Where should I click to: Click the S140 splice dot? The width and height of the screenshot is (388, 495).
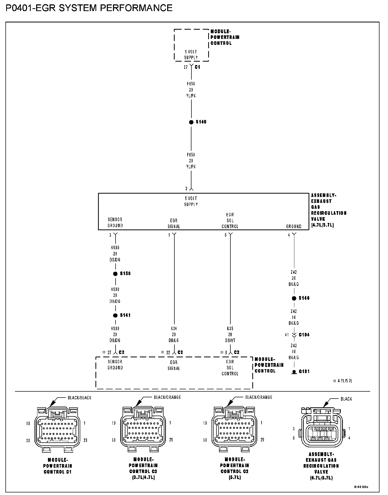point(191,122)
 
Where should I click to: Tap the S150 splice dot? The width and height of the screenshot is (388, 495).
point(115,274)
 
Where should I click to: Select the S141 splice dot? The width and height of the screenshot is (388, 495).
point(115,316)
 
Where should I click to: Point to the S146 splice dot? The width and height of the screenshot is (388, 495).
point(294,299)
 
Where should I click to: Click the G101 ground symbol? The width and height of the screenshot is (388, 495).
point(294,372)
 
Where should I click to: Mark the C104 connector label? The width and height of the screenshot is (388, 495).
point(304,335)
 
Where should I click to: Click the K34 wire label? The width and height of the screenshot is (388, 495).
point(174,329)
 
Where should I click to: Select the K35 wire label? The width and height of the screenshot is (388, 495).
point(230,329)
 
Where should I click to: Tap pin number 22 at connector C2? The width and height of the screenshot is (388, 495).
point(168,352)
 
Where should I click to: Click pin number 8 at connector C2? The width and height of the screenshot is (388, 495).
point(226,352)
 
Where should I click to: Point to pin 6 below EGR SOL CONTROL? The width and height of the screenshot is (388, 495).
point(226,235)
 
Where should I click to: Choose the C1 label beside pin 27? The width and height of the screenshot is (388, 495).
point(197,67)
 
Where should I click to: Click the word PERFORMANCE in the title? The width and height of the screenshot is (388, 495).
point(136,8)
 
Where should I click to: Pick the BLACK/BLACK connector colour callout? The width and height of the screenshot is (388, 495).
point(79,398)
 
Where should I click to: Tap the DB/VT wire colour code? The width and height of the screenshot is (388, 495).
point(230,341)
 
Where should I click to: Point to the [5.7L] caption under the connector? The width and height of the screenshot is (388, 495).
point(235,477)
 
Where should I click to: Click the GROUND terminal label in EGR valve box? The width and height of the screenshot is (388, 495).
point(294,226)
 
